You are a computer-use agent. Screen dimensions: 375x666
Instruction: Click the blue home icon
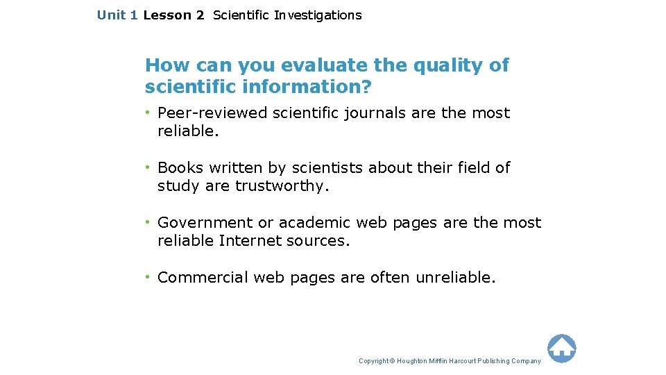(561, 349)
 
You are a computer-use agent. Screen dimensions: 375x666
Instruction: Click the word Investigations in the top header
(317, 15)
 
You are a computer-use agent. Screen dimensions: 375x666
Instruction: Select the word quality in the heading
(441, 65)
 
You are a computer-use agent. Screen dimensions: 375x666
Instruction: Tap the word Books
(180, 168)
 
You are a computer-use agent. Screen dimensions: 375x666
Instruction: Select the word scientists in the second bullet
(328, 168)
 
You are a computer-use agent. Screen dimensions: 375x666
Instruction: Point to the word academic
(315, 223)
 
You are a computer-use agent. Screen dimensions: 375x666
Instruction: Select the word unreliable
(456, 278)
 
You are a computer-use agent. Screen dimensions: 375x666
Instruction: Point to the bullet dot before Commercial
(148, 277)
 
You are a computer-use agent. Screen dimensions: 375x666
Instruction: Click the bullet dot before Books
(148, 167)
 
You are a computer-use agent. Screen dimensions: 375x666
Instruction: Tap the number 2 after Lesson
(200, 15)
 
